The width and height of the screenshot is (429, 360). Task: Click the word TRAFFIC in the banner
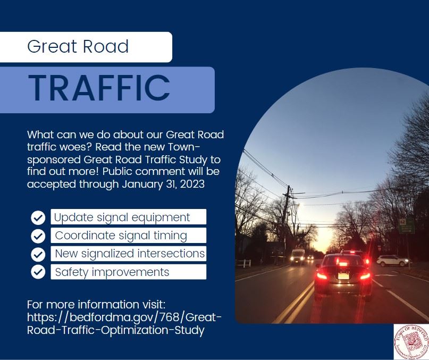pos(99,88)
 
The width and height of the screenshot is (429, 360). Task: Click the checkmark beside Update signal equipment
pos(38,217)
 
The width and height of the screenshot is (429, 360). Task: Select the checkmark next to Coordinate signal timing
pos(38,235)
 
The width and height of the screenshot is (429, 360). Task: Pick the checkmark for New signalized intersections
pos(38,253)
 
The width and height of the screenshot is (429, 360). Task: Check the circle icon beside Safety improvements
pos(38,271)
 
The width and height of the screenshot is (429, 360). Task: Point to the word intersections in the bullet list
pos(171,254)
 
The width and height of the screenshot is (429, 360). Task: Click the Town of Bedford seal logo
pos(411,341)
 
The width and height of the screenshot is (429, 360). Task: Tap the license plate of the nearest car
pos(343,276)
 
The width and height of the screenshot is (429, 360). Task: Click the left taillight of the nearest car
pos(322,275)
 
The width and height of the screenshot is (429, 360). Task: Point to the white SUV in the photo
pos(392,261)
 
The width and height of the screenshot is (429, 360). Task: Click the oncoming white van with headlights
pos(298,256)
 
